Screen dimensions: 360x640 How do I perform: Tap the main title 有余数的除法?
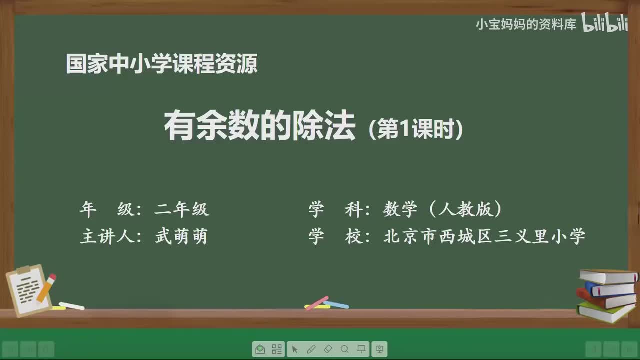pos(260,126)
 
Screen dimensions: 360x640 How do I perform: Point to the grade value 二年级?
pos(182,210)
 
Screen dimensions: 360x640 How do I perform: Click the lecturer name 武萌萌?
pos(181,237)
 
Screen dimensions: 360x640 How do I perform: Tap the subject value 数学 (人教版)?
pos(443,210)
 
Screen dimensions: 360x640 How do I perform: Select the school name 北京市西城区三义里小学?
pos(484,237)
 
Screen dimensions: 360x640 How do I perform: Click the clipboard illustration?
pos(27,290)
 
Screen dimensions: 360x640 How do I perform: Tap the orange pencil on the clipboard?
pos(46,287)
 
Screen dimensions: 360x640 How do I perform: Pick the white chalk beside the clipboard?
pos(71,306)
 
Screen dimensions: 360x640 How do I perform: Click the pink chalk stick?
pos(316,303)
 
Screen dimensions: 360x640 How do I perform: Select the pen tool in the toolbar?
pos(311,349)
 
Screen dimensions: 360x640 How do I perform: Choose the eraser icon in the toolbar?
pos(328,349)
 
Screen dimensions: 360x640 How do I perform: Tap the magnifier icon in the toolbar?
pos(345,349)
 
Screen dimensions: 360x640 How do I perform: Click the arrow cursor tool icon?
pos(294,349)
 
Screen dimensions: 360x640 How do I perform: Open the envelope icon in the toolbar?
pos(260,349)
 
